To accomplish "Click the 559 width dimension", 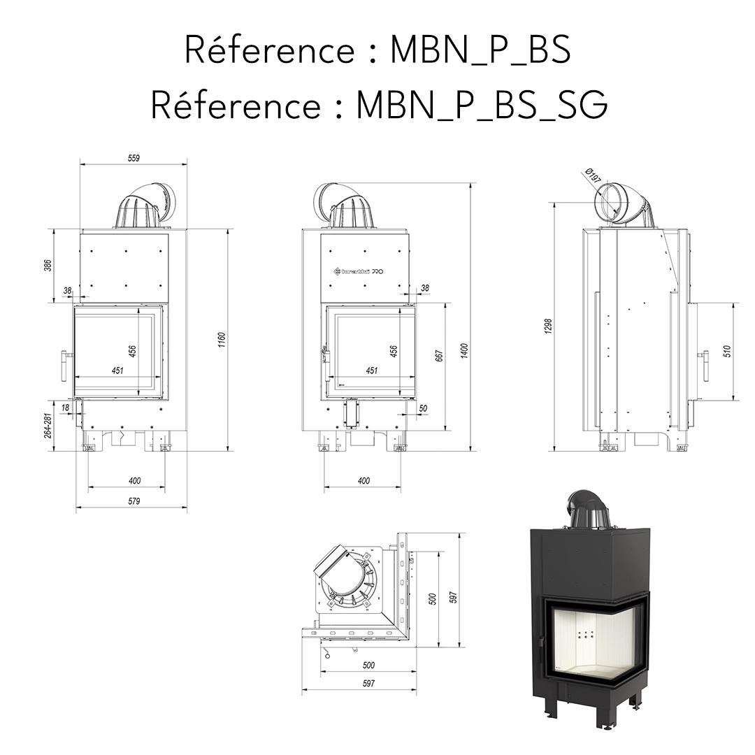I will [x=134, y=158].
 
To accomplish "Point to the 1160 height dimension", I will [x=222, y=340].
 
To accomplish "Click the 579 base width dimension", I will [x=134, y=501].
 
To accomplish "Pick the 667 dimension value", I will [x=439, y=355].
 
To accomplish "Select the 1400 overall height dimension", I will [x=464, y=350].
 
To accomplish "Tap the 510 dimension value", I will [x=727, y=351].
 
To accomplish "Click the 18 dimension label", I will [x=65, y=406].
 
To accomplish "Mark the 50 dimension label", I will [x=423, y=408].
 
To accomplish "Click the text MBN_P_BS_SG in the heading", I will [x=482, y=105].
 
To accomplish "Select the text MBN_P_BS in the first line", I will [x=480, y=50].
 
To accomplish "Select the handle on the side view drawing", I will [x=703, y=365].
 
